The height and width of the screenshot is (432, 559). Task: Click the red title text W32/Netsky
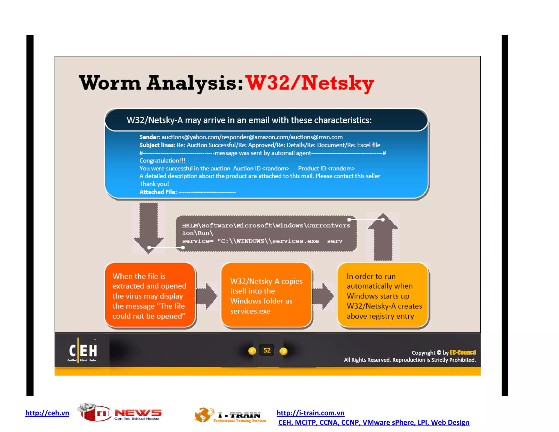[310, 83]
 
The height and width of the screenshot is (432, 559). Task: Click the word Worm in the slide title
[110, 83]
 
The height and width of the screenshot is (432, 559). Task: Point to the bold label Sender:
[150, 137]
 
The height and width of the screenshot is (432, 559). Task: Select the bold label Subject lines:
[157, 145]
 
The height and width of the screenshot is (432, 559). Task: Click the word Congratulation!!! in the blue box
[162, 161]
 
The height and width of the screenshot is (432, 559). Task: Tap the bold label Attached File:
[158, 192]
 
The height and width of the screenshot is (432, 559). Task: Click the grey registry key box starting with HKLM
[266, 233]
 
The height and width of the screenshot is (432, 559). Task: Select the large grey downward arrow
[148, 227]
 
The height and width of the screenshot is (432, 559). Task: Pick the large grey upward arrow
[383, 238]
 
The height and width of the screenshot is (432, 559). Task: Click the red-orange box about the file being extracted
[150, 295]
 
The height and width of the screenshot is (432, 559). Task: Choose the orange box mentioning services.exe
[266, 295]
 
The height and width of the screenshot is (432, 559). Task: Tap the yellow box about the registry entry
[383, 295]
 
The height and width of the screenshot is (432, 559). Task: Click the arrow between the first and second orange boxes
[207, 296]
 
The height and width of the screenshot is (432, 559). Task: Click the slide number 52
[267, 351]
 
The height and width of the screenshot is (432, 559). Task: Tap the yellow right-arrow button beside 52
[284, 351]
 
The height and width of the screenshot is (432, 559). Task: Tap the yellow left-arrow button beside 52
[252, 351]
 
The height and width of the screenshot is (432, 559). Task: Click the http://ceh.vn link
[47, 413]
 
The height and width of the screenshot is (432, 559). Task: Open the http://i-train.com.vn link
[310, 413]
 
